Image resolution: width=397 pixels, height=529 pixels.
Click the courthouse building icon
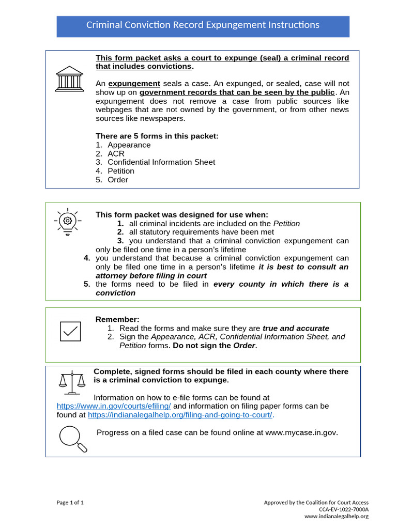(x=69, y=79)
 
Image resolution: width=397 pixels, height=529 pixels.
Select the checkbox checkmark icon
(x=70, y=331)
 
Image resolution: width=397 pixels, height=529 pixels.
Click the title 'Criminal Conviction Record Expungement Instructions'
(x=203, y=25)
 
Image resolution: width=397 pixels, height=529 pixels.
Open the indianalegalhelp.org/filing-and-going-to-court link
(x=180, y=415)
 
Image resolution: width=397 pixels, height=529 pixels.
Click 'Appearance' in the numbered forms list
(x=129, y=145)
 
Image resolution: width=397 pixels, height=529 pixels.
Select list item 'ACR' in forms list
(x=116, y=154)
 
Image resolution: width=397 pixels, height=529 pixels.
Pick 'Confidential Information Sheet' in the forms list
(x=161, y=162)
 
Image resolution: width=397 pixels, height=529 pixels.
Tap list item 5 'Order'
(x=117, y=180)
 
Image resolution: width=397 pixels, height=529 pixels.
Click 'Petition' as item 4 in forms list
(x=120, y=171)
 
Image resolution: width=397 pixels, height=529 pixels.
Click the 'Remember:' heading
(x=117, y=320)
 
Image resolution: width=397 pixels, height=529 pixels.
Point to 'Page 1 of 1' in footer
(x=70, y=503)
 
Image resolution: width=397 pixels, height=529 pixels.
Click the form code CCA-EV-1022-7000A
(x=343, y=509)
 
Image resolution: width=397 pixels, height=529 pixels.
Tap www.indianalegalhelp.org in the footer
(x=336, y=516)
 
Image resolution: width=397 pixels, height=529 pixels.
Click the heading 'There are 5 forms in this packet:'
(x=157, y=136)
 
